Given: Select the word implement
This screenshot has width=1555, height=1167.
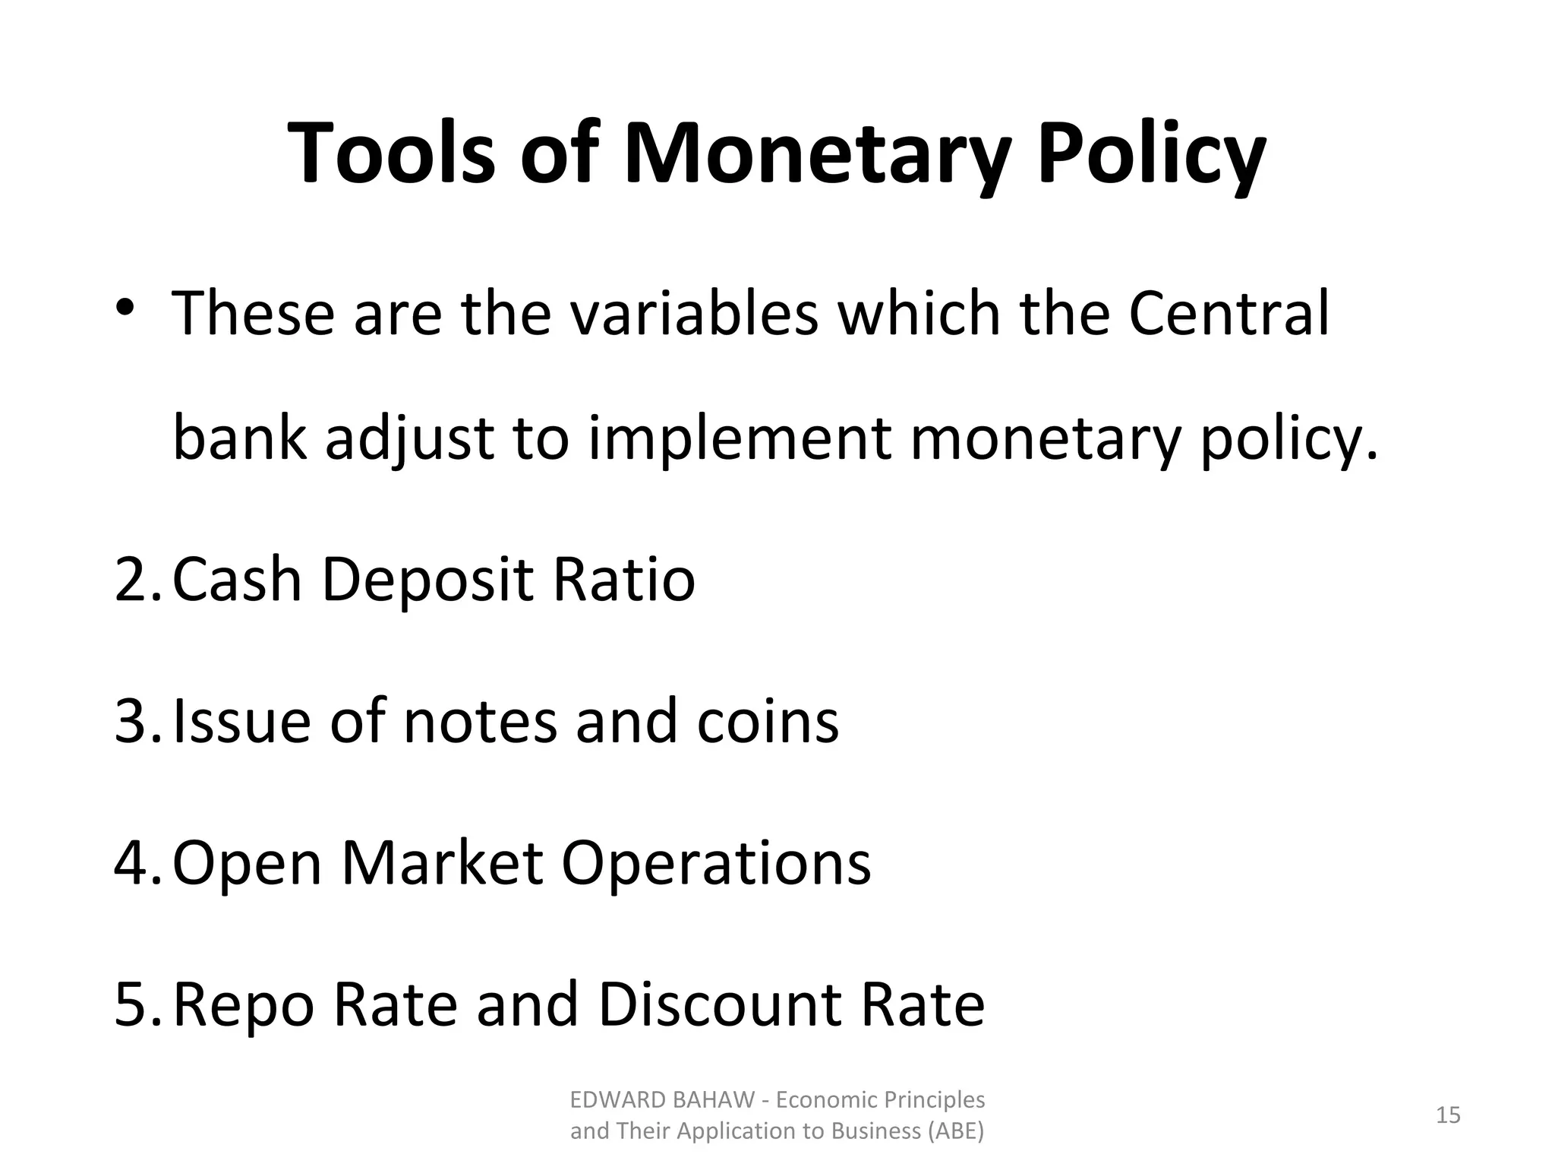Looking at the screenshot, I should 740,440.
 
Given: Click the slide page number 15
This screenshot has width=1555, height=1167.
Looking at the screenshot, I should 1448,1115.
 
